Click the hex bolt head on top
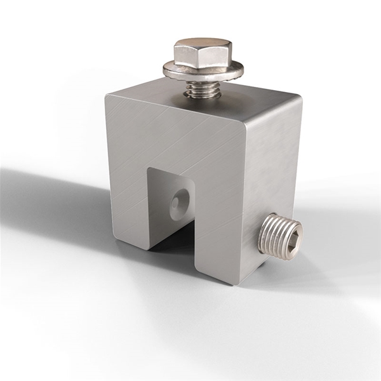(x=203, y=53)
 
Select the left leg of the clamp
(x=127, y=190)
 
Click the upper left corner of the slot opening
(x=149, y=169)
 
